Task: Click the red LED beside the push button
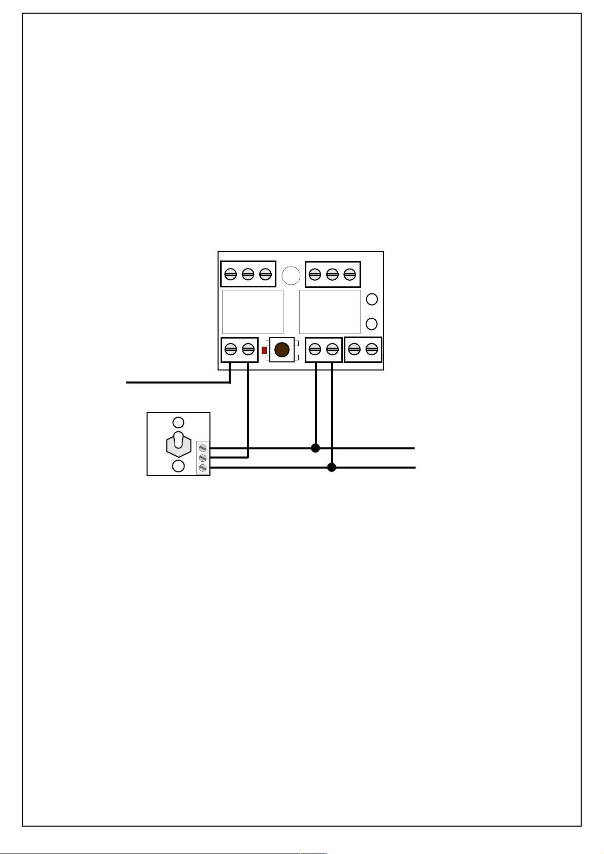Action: pos(264,350)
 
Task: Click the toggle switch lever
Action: pos(179,441)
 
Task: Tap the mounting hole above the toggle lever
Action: pos(179,422)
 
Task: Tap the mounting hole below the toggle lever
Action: pos(179,466)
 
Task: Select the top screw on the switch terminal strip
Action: pos(203,448)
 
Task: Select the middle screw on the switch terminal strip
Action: pos(203,458)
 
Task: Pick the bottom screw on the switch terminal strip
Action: pos(203,467)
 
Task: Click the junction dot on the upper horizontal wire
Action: pos(315,448)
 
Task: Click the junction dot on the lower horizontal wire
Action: pos(332,467)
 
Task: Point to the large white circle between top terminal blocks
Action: pos(291,275)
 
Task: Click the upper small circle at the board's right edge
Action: pos(372,300)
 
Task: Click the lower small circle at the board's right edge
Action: pos(372,323)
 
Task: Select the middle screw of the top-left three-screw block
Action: pos(248,274)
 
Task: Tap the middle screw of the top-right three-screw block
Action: pos(332,274)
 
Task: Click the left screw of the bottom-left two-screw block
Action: pos(231,349)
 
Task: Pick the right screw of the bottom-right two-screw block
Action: pos(372,349)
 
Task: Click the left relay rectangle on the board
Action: pos(253,312)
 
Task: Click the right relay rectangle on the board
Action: pos(330,312)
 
